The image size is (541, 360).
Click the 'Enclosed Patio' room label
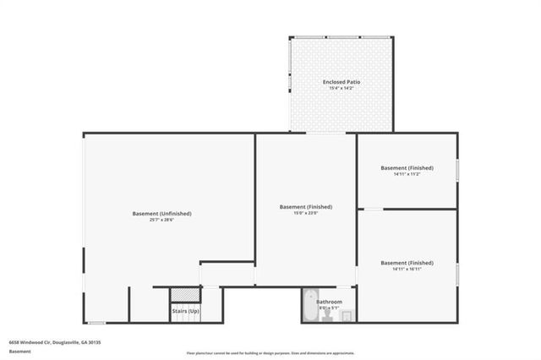click(x=342, y=81)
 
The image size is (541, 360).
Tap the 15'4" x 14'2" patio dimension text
click(x=342, y=88)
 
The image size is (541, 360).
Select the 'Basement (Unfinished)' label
click(x=161, y=214)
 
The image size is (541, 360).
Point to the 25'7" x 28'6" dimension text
click(x=161, y=221)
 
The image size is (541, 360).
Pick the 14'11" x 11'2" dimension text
click(x=407, y=174)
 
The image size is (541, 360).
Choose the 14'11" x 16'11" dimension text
click(x=407, y=270)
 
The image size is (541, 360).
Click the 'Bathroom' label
click(x=330, y=302)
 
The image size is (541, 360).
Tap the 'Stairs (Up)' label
click(x=184, y=311)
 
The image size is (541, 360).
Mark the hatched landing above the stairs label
click(x=184, y=295)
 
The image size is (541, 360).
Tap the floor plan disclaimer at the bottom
click(x=270, y=353)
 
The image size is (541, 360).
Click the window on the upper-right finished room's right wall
click(x=457, y=169)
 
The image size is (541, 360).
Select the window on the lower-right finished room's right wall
click(x=457, y=273)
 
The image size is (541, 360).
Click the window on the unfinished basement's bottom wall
click(x=96, y=323)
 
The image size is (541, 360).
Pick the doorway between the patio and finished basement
click(x=323, y=133)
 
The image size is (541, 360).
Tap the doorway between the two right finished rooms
click(x=373, y=209)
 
